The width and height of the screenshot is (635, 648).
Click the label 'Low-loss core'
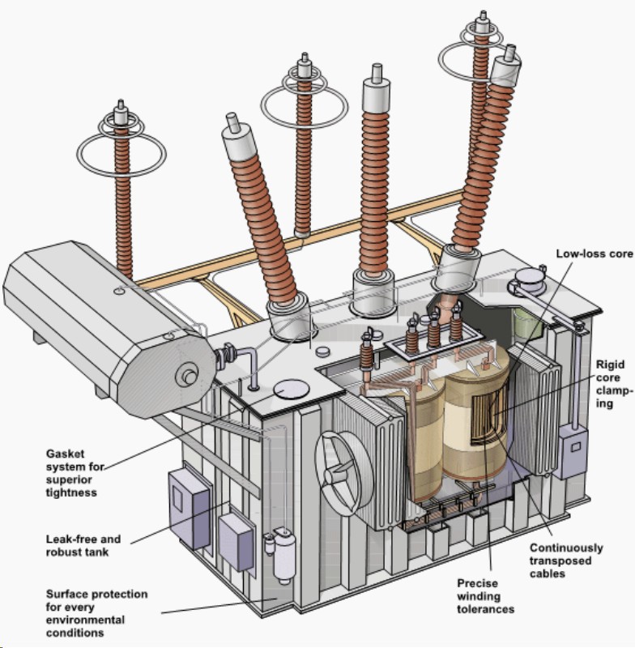[593, 254]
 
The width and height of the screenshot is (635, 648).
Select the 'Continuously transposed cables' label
[566, 561]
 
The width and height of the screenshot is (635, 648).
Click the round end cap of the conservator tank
[190, 374]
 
